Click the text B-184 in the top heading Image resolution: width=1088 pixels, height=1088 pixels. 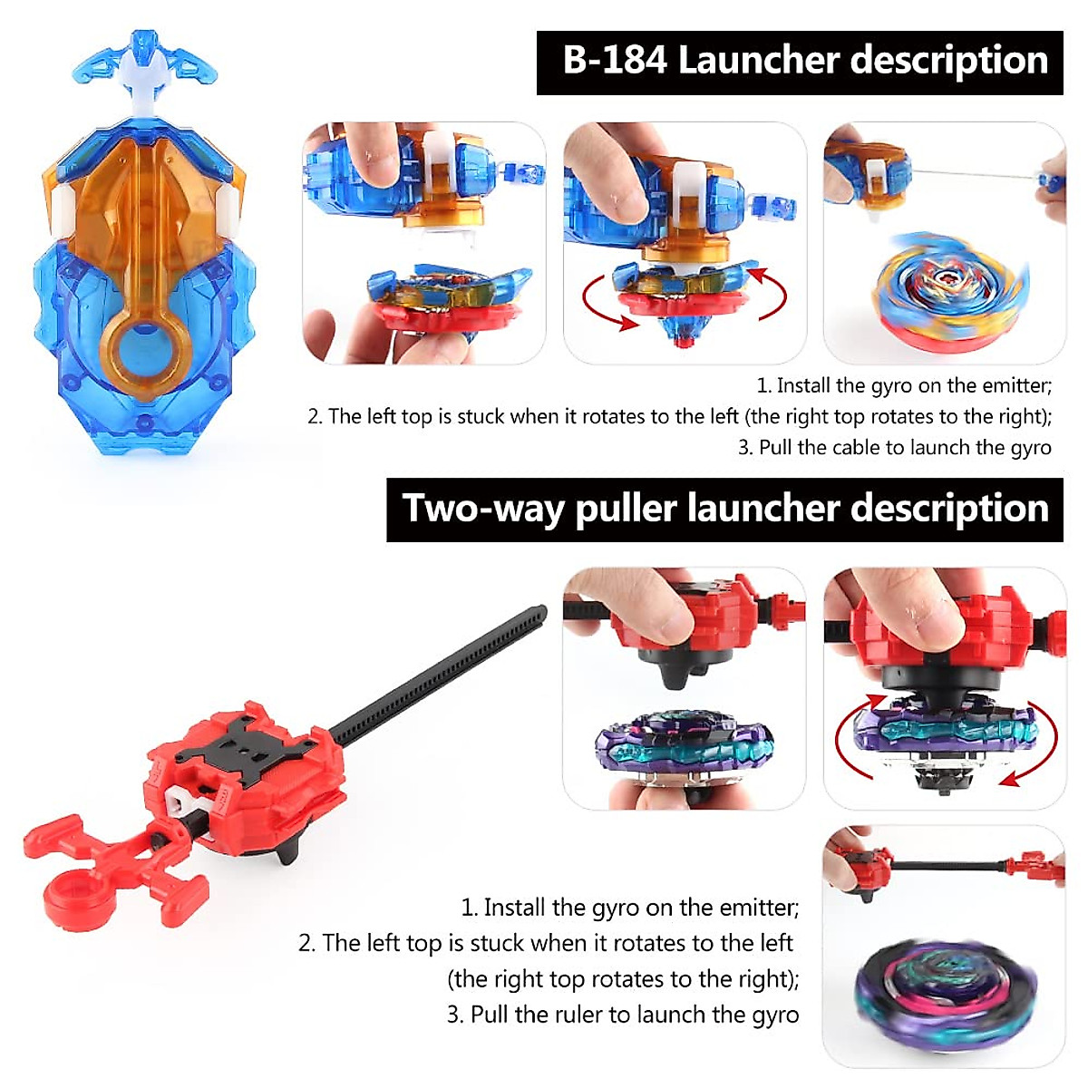[615, 62]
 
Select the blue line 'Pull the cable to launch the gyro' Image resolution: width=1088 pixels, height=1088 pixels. [894, 448]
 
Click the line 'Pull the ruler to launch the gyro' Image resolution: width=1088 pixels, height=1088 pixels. [623, 1015]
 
